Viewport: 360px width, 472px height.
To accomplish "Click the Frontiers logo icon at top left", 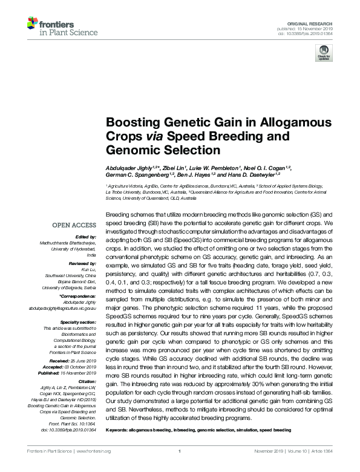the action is (33, 24).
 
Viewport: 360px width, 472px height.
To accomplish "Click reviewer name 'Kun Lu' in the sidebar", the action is (88, 270).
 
